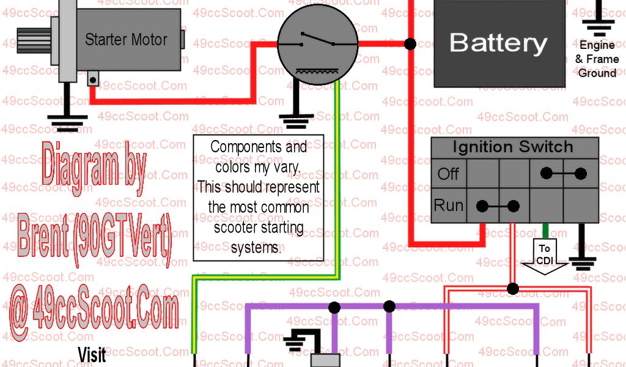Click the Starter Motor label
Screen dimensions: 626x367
coord(126,40)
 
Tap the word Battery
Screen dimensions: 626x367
coord(498,43)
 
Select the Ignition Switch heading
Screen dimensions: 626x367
coord(513,147)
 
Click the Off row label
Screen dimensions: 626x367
coord(448,174)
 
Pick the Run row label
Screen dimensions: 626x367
coord(449,205)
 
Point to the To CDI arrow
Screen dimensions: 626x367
coord(544,257)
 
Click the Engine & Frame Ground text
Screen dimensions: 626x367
coord(597,59)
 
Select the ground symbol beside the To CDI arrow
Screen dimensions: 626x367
coord(581,264)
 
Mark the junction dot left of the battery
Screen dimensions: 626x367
coord(410,44)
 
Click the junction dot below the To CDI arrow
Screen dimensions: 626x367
coord(513,288)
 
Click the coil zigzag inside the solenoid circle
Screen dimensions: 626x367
coord(317,72)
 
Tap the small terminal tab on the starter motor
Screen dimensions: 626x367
coord(93,79)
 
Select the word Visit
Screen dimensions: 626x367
coord(92,354)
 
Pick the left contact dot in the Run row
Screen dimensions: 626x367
coord(482,206)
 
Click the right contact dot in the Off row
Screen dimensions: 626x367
coord(581,174)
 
